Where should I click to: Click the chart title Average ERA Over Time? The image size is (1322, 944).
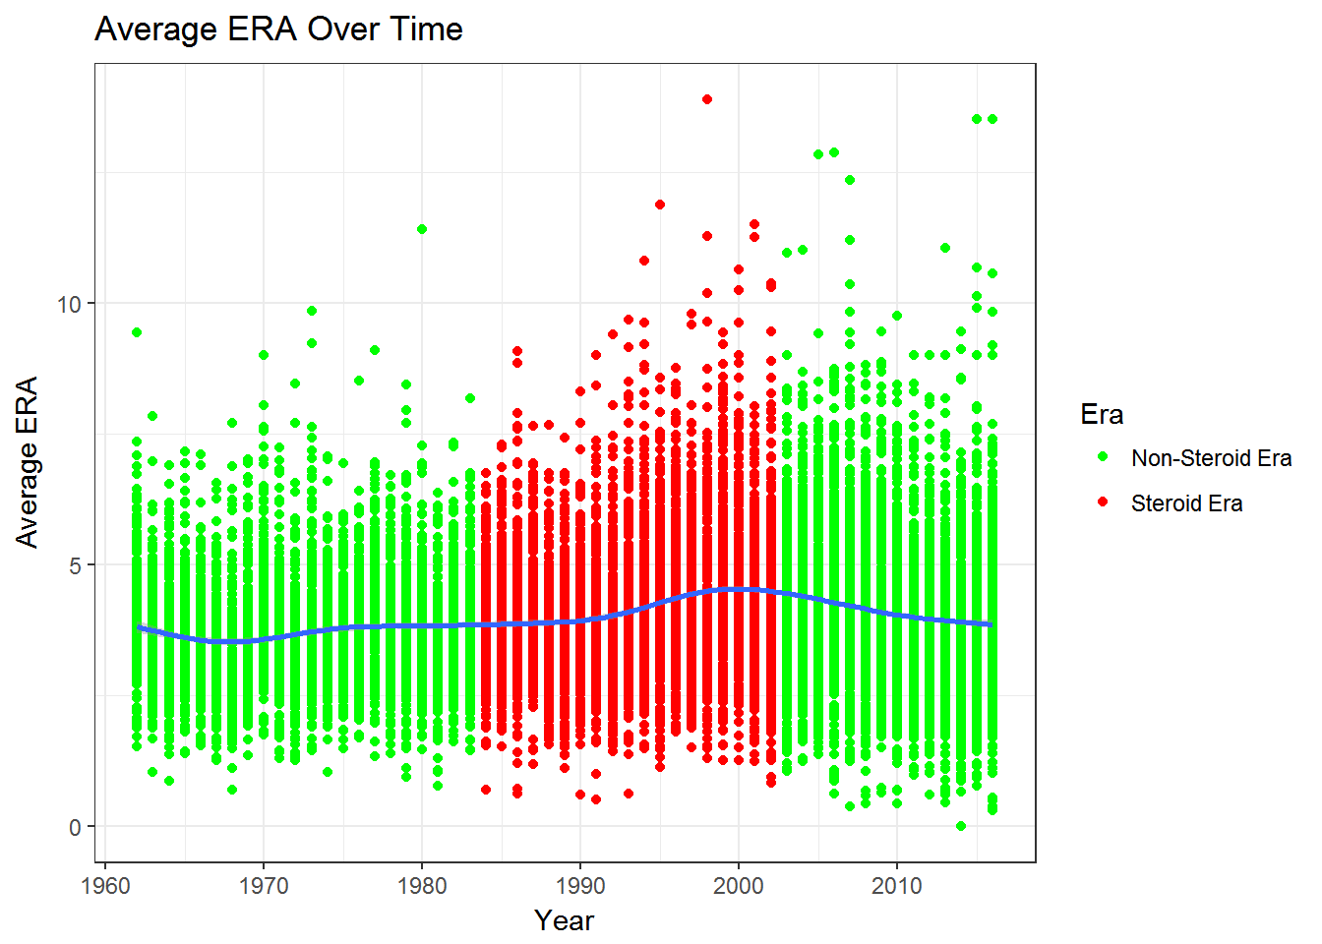click(278, 29)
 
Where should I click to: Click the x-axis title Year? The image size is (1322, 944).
click(564, 920)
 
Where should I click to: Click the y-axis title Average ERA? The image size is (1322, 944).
click(27, 462)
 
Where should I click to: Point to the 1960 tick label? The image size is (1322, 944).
click(105, 886)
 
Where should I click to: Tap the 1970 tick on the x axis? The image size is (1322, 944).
click(264, 886)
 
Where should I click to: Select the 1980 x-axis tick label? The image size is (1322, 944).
click(422, 886)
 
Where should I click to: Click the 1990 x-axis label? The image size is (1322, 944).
click(580, 886)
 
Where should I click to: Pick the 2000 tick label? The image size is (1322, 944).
click(739, 886)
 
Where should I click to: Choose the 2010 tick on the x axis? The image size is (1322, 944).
click(896, 886)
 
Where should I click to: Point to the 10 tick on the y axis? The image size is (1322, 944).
click(69, 305)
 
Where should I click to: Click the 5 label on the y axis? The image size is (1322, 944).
click(75, 566)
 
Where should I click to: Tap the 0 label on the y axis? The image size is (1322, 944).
click(75, 828)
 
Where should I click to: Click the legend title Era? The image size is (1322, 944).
click(1102, 414)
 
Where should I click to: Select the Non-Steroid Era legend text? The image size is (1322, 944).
click(1211, 458)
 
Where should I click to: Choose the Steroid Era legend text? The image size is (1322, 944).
click(1187, 503)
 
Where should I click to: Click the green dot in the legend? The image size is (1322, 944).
click(1103, 456)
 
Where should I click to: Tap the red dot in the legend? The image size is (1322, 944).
click(1103, 502)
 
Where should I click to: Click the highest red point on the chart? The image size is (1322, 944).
click(707, 99)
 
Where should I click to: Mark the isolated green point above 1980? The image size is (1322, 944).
click(422, 229)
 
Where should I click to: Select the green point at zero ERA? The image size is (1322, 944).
click(961, 826)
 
